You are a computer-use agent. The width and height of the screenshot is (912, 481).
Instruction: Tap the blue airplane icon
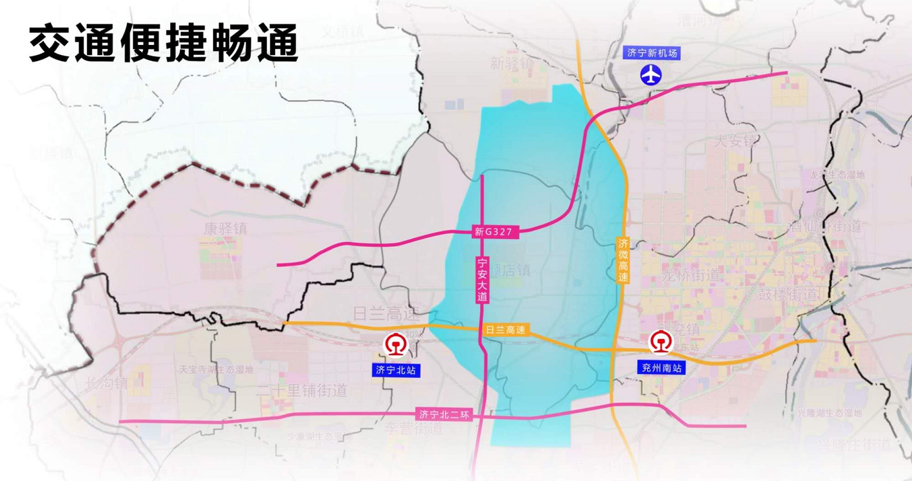(x=651, y=75)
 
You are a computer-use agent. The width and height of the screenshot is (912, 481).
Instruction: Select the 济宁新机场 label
(x=651, y=53)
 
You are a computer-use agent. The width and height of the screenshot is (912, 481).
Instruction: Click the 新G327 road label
(x=493, y=232)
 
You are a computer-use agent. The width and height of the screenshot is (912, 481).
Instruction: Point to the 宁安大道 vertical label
(x=482, y=280)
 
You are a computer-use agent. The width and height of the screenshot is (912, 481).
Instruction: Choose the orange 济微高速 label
(x=623, y=260)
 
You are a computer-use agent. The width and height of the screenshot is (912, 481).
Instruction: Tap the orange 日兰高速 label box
(x=505, y=330)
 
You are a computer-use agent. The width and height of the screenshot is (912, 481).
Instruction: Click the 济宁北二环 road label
(x=444, y=414)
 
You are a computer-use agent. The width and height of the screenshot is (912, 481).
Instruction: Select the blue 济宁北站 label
(x=396, y=370)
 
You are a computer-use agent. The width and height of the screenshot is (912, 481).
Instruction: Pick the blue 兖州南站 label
(x=661, y=368)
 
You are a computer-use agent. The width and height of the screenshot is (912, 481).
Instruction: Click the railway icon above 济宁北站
(x=396, y=345)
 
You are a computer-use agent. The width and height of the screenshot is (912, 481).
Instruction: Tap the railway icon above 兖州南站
(x=661, y=342)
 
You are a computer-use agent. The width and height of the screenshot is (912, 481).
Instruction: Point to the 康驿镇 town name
(x=226, y=229)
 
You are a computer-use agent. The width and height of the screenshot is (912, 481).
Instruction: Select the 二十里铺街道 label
(x=302, y=390)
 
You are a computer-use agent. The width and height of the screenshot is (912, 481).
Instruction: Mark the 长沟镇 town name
(x=106, y=384)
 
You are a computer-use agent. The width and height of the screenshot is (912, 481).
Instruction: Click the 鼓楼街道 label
(x=787, y=295)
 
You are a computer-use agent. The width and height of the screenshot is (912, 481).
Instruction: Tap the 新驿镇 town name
(x=512, y=63)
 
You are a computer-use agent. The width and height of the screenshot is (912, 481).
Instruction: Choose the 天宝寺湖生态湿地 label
(x=216, y=369)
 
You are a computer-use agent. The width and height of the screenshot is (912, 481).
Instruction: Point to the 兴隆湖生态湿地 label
(x=830, y=413)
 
